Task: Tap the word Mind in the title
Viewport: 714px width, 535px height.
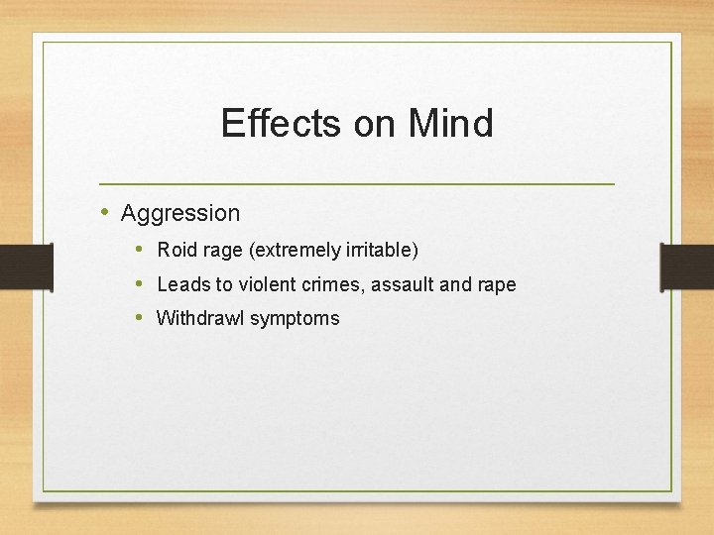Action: (x=450, y=124)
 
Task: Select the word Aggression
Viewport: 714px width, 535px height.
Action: (x=180, y=213)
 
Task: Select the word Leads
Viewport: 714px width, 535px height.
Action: (x=182, y=285)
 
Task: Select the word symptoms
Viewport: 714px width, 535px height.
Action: (x=295, y=319)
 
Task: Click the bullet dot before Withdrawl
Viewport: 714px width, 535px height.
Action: (x=140, y=318)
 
